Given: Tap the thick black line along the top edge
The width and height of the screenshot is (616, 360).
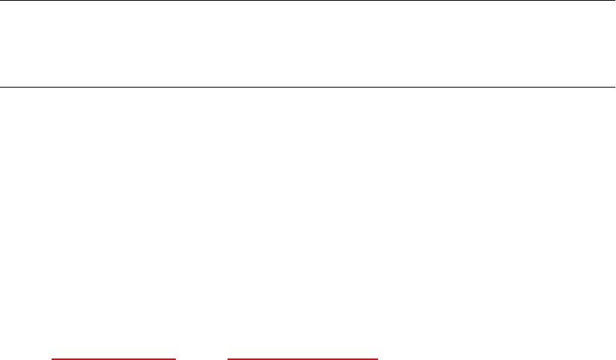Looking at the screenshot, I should pos(308,1).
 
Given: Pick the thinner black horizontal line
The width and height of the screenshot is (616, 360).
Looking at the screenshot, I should pos(308,87).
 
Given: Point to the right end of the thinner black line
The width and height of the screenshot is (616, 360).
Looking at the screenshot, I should pos(615,87).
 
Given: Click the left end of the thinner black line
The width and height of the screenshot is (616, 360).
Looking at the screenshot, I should pos(1,87).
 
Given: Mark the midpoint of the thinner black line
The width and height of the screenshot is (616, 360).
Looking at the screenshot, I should pos(308,87).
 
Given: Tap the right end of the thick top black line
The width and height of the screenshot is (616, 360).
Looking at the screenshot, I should pos(615,1).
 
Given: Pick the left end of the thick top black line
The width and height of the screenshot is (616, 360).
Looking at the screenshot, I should pos(1,1).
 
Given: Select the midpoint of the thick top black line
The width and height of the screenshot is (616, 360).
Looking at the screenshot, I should pos(308,1).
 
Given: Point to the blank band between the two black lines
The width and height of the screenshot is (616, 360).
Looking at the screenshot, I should pos(308,43).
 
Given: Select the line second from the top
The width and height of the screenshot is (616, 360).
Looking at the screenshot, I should pos(308,87).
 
